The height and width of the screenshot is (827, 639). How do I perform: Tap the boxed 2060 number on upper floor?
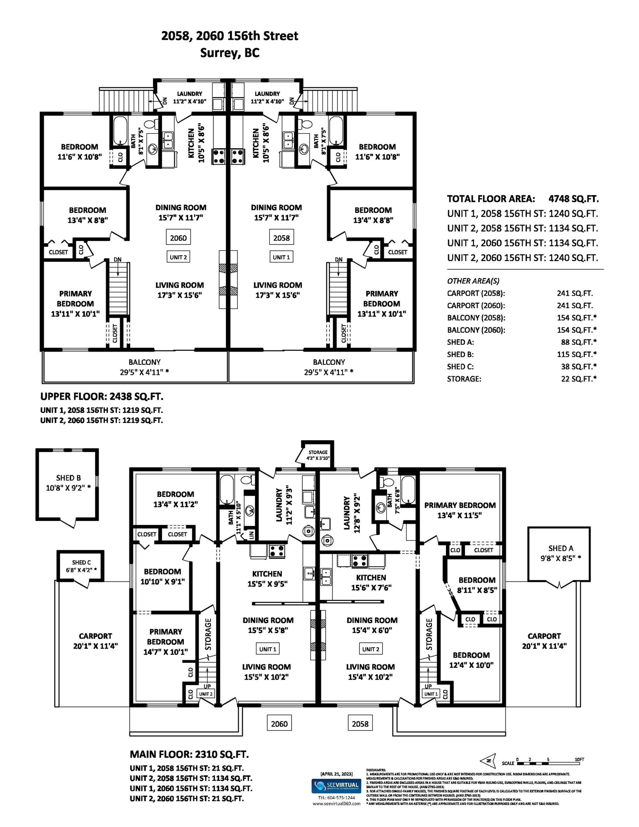pyautogui.click(x=178, y=238)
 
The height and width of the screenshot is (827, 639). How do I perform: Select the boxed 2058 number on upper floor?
pyautogui.click(x=281, y=238)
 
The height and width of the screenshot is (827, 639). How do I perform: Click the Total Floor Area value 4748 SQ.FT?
pyautogui.click(x=573, y=199)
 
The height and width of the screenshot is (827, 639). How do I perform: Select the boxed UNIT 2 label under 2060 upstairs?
pyautogui.click(x=178, y=257)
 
